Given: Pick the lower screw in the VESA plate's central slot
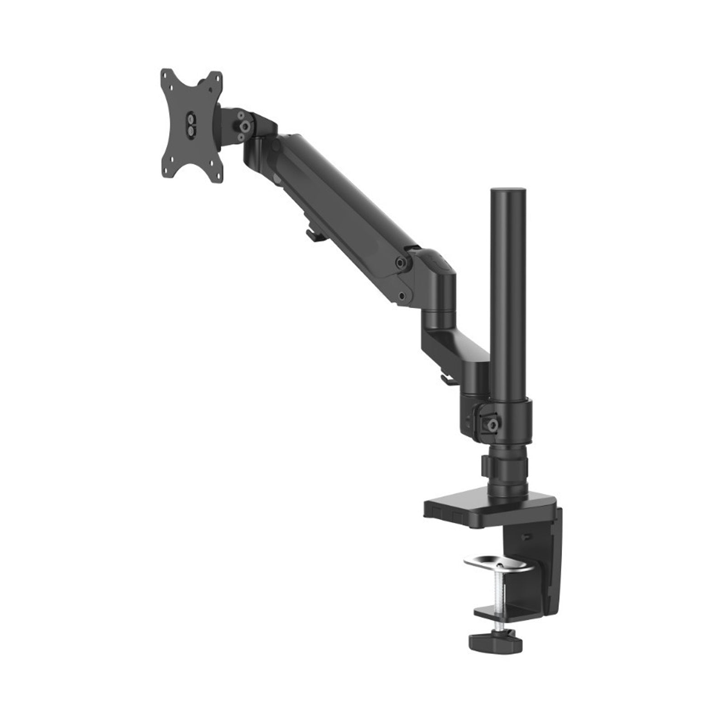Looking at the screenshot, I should click(192, 130).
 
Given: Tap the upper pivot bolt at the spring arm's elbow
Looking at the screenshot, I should click(400, 262).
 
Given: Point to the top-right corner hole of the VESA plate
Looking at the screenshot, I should click(216, 75).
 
